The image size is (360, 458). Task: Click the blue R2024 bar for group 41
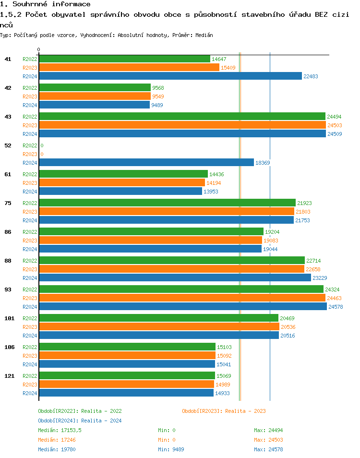(x=170, y=76)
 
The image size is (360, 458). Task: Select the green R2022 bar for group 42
(x=95, y=88)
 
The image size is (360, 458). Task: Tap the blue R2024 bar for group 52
(x=146, y=163)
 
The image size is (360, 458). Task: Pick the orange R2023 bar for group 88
(x=172, y=269)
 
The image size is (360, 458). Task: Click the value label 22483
(x=311, y=76)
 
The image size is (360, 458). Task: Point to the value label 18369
(x=263, y=163)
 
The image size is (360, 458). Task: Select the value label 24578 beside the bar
(x=336, y=307)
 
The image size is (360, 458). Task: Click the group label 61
(x=8, y=174)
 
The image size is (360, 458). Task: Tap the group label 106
(x=10, y=347)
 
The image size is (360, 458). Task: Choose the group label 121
(x=10, y=376)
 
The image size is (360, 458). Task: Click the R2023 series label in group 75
(x=30, y=212)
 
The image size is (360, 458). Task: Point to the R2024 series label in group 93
(x=30, y=307)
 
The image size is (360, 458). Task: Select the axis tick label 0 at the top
(x=39, y=49)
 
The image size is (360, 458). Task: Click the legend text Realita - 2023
(x=245, y=411)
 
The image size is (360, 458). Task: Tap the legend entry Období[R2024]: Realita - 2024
(x=80, y=421)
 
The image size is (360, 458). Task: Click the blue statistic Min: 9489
(x=171, y=449)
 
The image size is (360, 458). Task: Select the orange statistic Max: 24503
(x=269, y=440)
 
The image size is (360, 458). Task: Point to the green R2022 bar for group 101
(x=158, y=318)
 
